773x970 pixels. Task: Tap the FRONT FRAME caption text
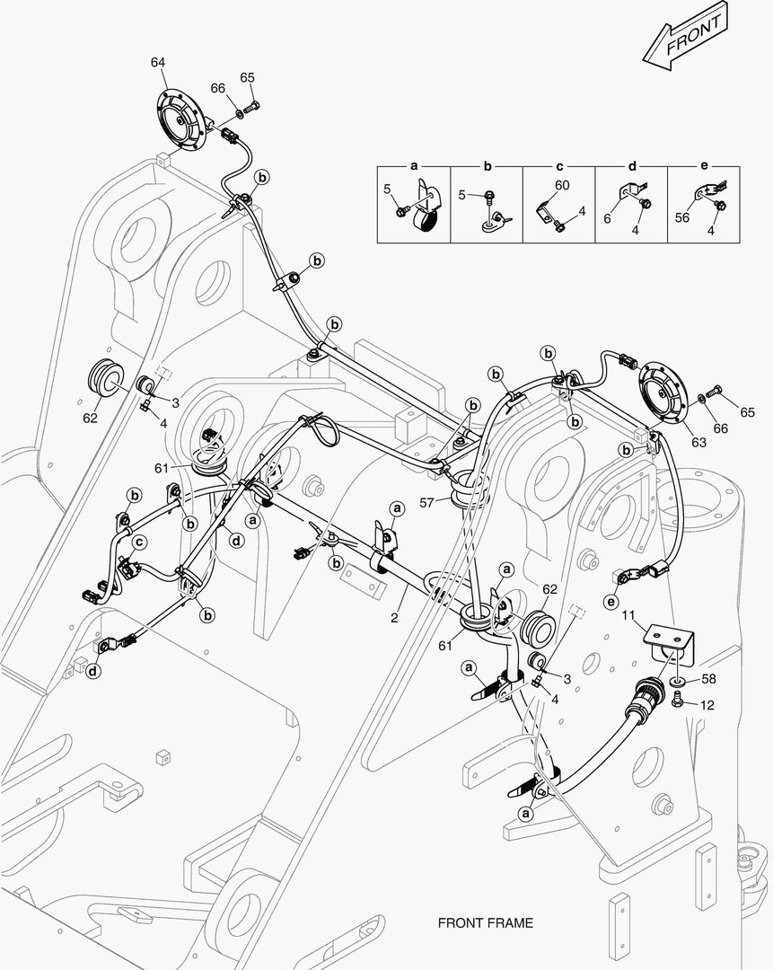(x=485, y=922)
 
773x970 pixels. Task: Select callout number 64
(x=158, y=62)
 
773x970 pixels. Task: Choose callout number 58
(x=708, y=678)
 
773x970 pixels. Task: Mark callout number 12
(x=707, y=706)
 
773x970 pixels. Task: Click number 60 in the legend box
(x=561, y=185)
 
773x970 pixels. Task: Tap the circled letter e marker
(x=611, y=601)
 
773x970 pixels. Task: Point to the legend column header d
(x=631, y=167)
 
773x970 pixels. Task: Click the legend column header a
(x=414, y=167)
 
